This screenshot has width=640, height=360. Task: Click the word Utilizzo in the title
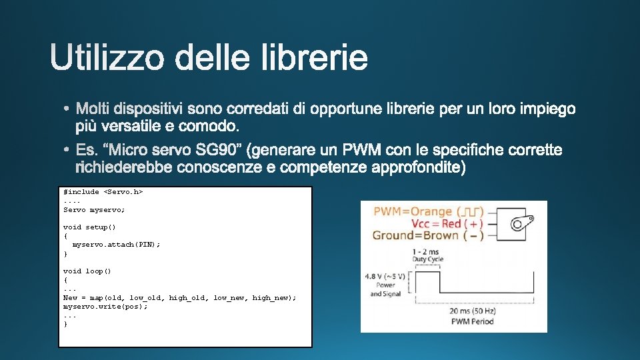pos(107,59)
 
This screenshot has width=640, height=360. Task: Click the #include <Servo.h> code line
pos(103,192)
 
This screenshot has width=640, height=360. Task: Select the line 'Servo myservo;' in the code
pos(94,209)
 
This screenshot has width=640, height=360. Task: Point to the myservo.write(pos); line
pos(105,306)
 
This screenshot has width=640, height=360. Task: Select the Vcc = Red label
pos(437,223)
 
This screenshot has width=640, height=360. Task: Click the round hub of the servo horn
pos(517,225)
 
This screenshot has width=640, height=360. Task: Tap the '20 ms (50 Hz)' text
pos(472,311)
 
